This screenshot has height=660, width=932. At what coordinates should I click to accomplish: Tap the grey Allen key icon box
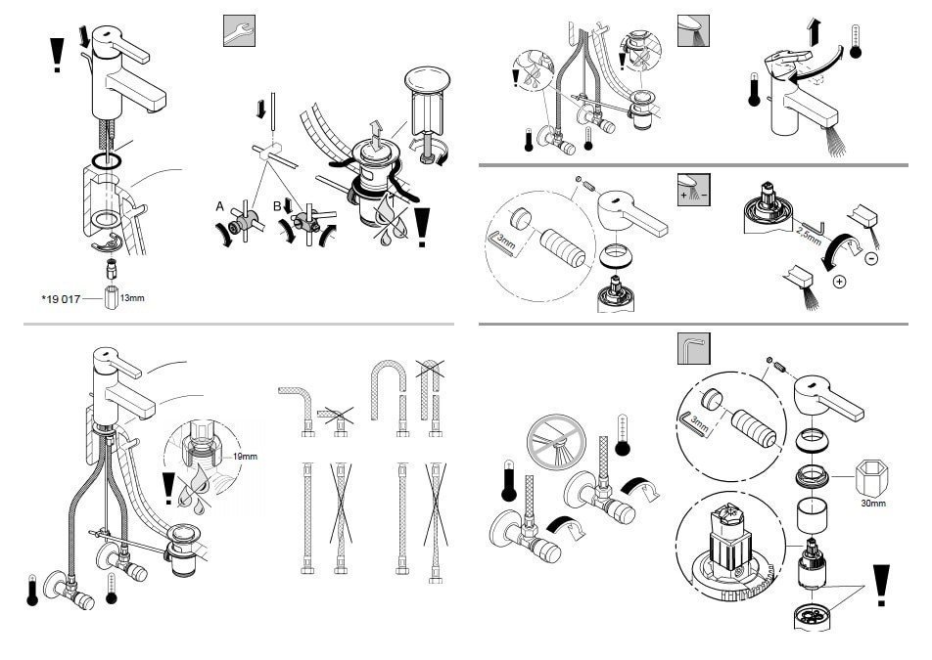coord(693,348)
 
